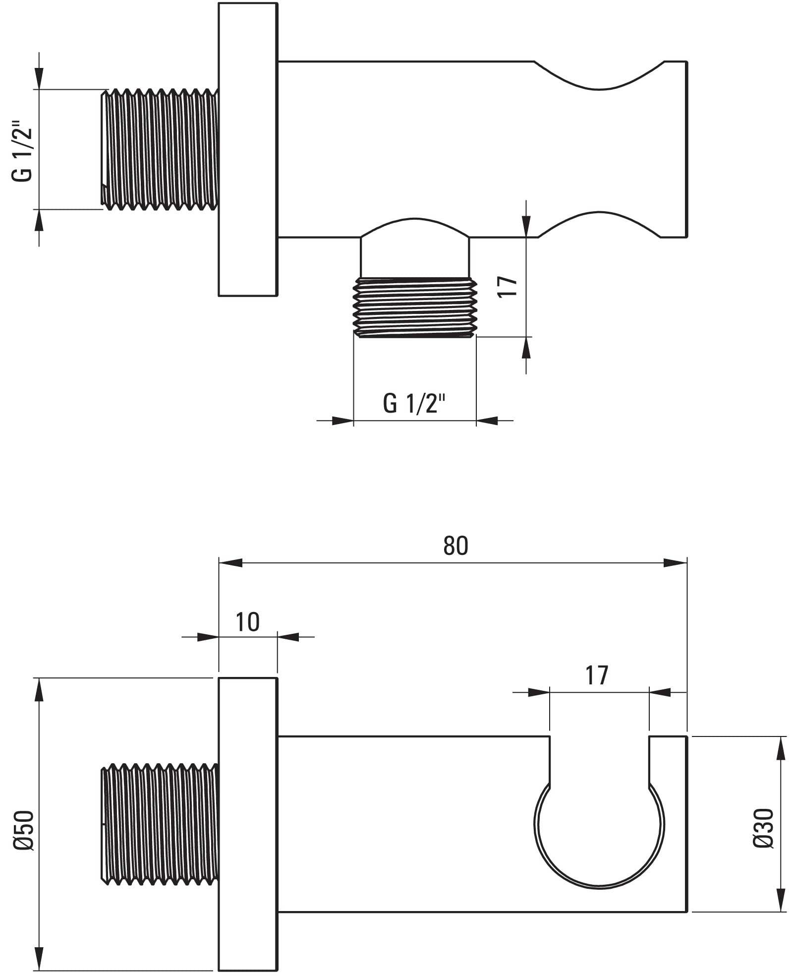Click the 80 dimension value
(455, 546)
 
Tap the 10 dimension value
(247, 622)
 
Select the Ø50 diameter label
(24, 831)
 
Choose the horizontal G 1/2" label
(414, 403)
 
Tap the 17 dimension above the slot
(597, 675)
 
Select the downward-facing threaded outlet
(415, 308)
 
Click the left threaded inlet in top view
(160, 149)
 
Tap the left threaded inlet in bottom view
(160, 824)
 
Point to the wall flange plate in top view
(248, 149)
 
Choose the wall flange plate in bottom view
(248, 824)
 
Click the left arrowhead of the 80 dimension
(230, 563)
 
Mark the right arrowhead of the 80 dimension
(676, 563)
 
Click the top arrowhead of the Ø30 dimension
(781, 748)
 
